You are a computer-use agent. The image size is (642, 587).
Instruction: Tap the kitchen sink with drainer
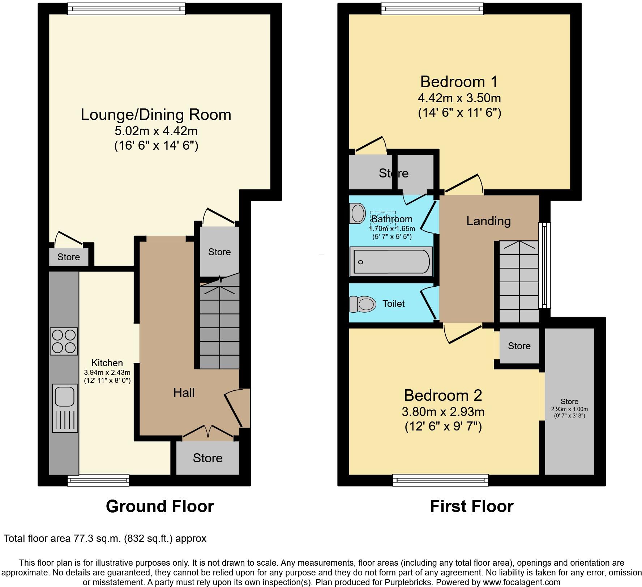pos(65,408)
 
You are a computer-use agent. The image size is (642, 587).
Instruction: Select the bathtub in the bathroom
pos(391,262)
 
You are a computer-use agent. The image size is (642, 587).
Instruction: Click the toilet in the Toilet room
pos(362,304)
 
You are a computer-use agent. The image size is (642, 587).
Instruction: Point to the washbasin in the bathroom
pos(358,213)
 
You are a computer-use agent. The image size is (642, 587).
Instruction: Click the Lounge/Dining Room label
pos(156,115)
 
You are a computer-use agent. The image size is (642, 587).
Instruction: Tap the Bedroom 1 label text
pos(459,82)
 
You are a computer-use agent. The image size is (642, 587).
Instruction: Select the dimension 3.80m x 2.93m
pos(443,411)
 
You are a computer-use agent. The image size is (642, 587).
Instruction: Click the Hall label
pos(184,393)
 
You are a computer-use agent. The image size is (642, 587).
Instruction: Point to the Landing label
pos(488,221)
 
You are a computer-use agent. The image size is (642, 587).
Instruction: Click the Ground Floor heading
pos(160,506)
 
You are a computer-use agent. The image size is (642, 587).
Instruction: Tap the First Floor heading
pos(471,506)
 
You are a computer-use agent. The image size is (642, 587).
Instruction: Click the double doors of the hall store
pos(208,433)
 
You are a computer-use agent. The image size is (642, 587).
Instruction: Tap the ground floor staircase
pos(219,325)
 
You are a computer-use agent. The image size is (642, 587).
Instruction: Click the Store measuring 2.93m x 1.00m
pos(569,401)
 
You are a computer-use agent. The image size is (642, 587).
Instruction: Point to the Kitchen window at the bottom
pos(98,480)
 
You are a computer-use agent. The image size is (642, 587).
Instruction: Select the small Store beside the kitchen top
pos(69,257)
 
